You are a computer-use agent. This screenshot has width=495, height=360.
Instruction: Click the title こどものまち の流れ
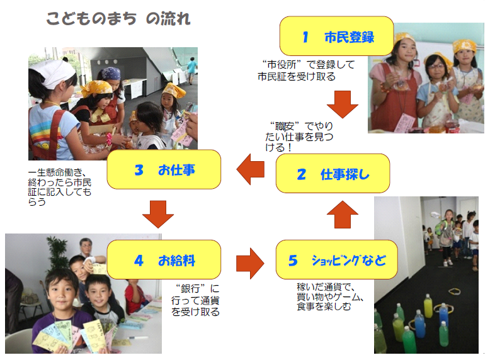(x=118, y=19)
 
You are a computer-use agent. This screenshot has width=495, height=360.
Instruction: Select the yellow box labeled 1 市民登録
(x=336, y=36)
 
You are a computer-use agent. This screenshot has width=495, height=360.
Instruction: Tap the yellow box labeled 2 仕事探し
(x=333, y=174)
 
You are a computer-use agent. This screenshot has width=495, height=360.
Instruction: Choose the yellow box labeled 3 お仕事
(x=164, y=169)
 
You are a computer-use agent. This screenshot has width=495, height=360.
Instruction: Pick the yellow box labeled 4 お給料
(x=164, y=260)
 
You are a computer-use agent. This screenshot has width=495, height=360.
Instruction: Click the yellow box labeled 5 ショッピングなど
(x=336, y=260)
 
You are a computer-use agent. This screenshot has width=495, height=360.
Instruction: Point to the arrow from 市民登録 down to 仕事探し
(x=343, y=104)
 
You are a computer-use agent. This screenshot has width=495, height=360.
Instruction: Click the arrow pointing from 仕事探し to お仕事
(x=251, y=169)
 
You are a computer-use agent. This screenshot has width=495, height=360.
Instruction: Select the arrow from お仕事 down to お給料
(x=158, y=214)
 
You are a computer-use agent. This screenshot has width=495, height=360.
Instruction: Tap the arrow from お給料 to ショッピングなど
(x=250, y=264)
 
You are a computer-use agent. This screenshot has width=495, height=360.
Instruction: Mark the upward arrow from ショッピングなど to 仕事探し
(x=343, y=215)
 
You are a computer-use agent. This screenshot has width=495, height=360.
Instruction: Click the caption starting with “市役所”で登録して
(x=306, y=70)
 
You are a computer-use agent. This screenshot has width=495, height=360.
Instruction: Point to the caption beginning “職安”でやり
(x=299, y=137)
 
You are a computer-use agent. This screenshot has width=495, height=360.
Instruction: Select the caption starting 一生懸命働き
(x=60, y=187)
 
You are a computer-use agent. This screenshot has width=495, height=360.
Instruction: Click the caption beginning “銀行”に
(x=195, y=300)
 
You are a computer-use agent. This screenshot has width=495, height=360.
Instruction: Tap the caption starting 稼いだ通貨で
(x=330, y=296)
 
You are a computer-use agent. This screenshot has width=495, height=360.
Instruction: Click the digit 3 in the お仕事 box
(x=139, y=170)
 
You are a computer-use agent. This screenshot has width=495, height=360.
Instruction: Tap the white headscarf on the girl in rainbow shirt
(x=56, y=73)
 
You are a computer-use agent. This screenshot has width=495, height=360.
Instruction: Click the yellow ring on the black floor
(x=454, y=291)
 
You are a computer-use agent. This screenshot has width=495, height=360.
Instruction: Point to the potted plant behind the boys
(x=59, y=252)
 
